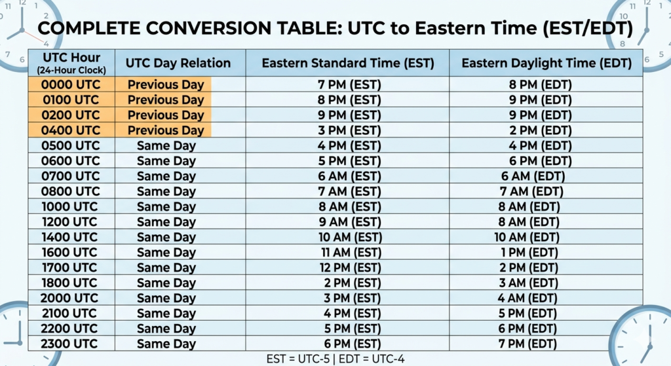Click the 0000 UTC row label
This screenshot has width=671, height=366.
pyautogui.click(x=71, y=84)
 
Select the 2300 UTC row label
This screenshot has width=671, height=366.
pyautogui.click(x=69, y=344)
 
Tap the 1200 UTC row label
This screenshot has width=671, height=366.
pyautogui.click(x=69, y=222)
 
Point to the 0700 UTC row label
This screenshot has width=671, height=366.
pyautogui.click(x=71, y=176)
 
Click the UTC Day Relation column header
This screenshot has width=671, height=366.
pyautogui.click(x=178, y=64)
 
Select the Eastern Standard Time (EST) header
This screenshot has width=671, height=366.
pyautogui.click(x=348, y=64)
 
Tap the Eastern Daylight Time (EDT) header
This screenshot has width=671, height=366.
pyautogui.click(x=546, y=64)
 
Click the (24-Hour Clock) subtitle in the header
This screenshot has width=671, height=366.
pyautogui.click(x=71, y=70)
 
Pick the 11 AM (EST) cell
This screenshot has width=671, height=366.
pyautogui.click(x=351, y=252)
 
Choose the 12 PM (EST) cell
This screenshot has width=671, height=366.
pyautogui.click(x=350, y=268)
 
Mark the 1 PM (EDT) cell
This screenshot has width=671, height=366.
pyautogui.click(x=529, y=252)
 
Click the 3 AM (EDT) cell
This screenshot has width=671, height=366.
pyautogui.click(x=528, y=283)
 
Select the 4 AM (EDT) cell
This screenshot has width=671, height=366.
pyautogui.click(x=527, y=298)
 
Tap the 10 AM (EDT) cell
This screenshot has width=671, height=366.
pyautogui.click(x=527, y=237)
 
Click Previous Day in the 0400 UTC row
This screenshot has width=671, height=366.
pyautogui.click(x=166, y=130)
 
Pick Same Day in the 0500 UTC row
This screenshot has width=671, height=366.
pyautogui.click(x=166, y=146)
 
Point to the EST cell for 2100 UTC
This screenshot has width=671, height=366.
pyautogui.click(x=352, y=314)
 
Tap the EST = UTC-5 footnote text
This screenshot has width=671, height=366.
pyautogui.click(x=298, y=358)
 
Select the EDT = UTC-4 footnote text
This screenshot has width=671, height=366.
pyautogui.click(x=372, y=358)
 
